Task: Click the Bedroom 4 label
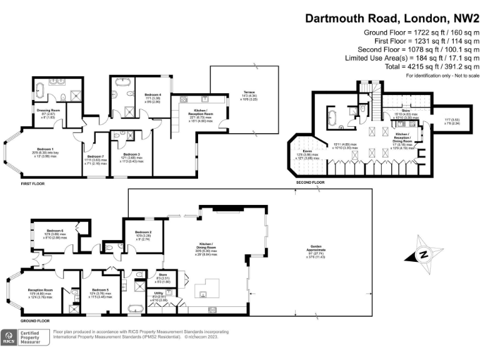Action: [x=152, y=95]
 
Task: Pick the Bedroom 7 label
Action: [x=95, y=157]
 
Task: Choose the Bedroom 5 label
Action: [x=99, y=290]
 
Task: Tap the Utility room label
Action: [x=159, y=297]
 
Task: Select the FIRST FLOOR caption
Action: [x=34, y=185]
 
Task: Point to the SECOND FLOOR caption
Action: [x=311, y=182]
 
